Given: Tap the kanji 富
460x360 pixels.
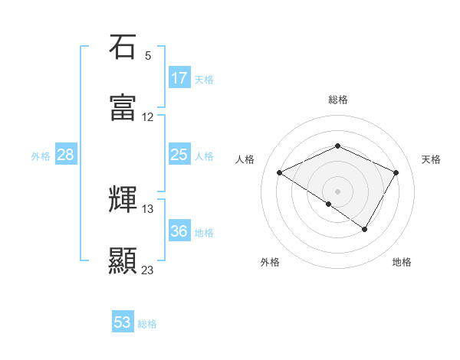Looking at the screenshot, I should pyautogui.click(x=123, y=108).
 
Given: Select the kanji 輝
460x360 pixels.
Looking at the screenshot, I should pyautogui.click(x=123, y=200).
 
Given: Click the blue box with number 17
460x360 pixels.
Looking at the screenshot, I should pyautogui.click(x=179, y=78).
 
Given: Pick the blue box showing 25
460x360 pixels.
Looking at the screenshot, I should pyautogui.click(x=179, y=155).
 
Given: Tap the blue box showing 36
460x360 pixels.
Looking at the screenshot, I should pyautogui.click(x=179, y=231).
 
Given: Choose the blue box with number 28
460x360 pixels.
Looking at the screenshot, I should pyautogui.click(x=66, y=155).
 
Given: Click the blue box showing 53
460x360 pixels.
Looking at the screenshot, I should pyautogui.click(x=123, y=322).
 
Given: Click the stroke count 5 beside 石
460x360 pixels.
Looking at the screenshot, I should pyautogui.click(x=148, y=56).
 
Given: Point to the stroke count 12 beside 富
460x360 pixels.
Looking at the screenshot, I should pyautogui.click(x=148, y=117).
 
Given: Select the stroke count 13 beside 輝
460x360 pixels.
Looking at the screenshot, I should pyautogui.click(x=148, y=208).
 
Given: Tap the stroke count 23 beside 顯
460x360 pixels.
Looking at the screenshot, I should pyautogui.click(x=148, y=270).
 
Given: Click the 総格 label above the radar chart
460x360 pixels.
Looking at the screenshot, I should pyautogui.click(x=338, y=100).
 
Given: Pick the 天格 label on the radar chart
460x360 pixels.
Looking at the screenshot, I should pyautogui.click(x=431, y=159).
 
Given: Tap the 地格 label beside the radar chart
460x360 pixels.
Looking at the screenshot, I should pyautogui.click(x=402, y=262).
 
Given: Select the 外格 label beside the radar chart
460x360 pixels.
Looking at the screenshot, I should pyautogui.click(x=270, y=262).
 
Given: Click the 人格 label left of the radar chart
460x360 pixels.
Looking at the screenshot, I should pyautogui.click(x=245, y=159).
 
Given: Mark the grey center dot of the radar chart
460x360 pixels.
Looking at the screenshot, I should pyautogui.click(x=337, y=190).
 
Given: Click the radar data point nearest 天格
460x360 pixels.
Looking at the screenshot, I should pyautogui.click(x=396, y=172).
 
